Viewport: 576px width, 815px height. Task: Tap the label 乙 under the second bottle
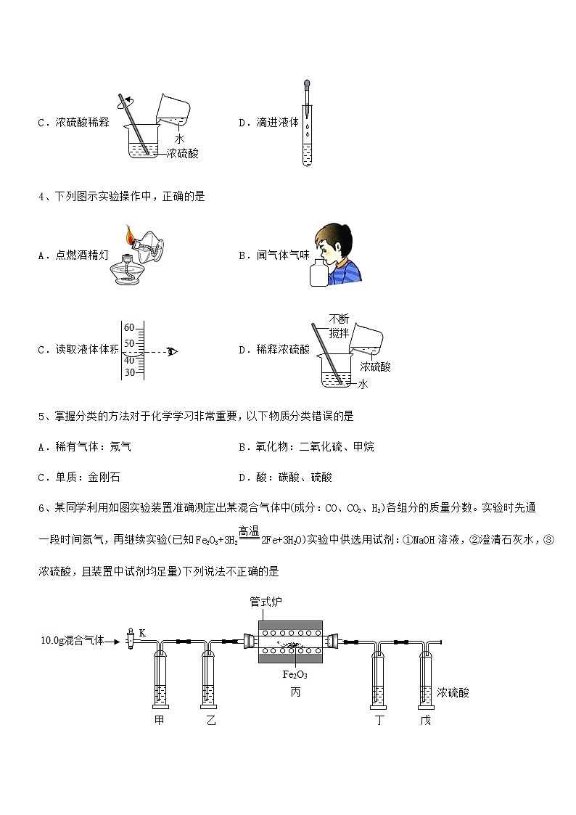tap(210, 721)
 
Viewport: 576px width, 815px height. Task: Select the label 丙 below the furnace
tap(295, 692)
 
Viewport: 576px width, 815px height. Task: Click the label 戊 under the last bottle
tap(426, 721)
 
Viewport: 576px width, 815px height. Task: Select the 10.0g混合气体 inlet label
tap(73, 641)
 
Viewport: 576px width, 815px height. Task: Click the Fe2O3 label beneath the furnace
tap(295, 674)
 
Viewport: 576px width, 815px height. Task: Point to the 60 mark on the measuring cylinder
tap(129, 327)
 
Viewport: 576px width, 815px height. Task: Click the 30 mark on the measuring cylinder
tap(129, 372)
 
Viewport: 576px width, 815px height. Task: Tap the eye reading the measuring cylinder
tap(173, 352)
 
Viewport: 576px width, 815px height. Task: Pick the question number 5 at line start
tap(42, 417)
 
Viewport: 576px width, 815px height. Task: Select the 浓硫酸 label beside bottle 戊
tap(453, 693)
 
